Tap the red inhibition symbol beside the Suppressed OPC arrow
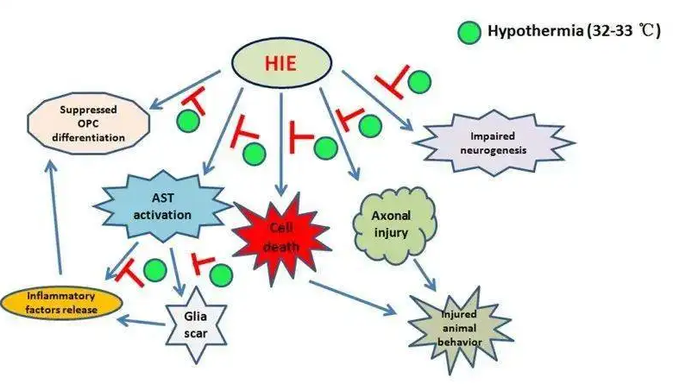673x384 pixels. pos(192,103)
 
